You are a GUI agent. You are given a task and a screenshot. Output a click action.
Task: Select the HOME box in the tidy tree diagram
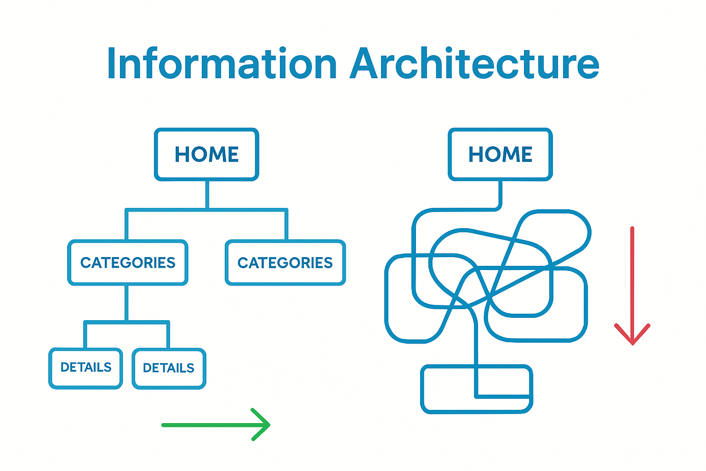206,154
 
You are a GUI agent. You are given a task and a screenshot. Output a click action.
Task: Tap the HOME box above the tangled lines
500,154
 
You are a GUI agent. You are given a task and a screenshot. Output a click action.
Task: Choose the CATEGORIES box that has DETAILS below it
128,263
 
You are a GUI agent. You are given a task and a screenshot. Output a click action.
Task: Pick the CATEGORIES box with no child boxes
285,263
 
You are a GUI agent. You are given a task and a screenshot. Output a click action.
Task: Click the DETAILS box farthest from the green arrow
86,368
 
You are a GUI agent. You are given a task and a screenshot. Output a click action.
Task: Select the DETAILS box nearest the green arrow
169,368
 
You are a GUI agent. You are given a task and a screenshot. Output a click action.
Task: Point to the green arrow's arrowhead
266,425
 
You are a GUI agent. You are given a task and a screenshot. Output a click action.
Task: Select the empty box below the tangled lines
448,389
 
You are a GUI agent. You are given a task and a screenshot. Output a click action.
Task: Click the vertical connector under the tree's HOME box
207,195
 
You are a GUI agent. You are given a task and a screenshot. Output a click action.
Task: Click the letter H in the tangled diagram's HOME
476,155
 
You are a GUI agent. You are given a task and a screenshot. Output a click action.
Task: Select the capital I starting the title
111,64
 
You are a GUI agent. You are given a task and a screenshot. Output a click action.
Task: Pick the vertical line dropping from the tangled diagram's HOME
500,193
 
